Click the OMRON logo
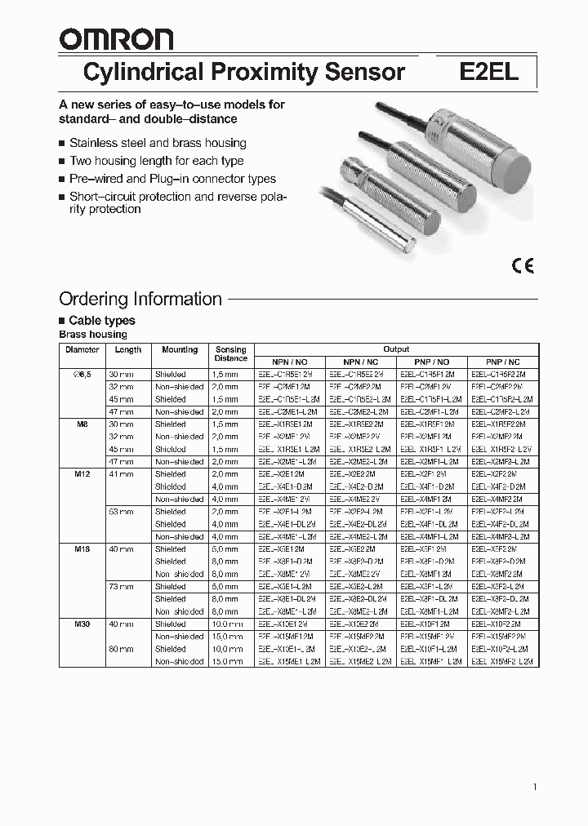(115, 40)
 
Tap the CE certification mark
(523, 265)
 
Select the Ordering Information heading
(140, 299)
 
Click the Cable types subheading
(101, 321)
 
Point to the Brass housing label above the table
(93, 335)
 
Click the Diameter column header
(81, 349)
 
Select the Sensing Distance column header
(230, 353)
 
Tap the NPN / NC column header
(360, 362)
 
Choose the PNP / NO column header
(431, 362)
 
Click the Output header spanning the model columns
(396, 349)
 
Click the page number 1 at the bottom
(534, 787)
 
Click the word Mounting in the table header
(180, 349)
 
